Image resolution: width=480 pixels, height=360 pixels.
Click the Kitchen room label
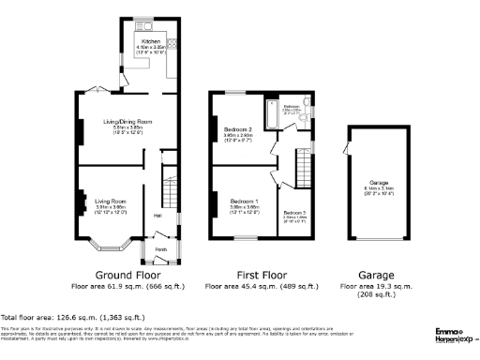tap(150, 42)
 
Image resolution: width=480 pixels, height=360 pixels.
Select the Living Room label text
tap(111, 201)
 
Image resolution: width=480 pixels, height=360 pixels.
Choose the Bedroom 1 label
tap(244, 202)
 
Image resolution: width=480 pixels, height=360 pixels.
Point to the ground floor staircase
tap(171, 178)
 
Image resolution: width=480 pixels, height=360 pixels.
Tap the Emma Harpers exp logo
tap(456, 334)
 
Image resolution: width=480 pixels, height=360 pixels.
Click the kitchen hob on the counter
tap(172, 43)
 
